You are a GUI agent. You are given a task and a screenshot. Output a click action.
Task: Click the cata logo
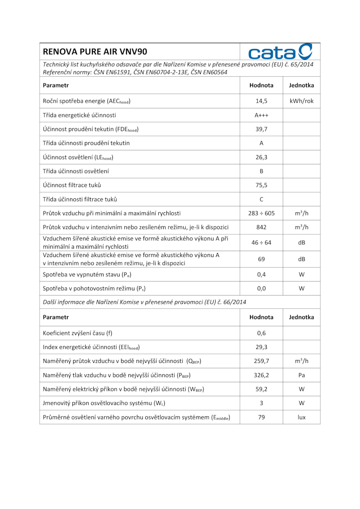(280, 52)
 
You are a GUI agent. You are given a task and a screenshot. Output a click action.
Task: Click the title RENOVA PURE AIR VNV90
(95, 52)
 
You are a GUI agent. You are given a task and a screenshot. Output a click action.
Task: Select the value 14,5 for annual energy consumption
(261, 101)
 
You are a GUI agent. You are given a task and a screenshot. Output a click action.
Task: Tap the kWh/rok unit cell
(302, 101)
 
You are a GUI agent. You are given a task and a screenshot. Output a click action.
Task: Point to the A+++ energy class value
(261, 115)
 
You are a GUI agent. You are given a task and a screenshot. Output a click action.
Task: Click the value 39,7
(261, 129)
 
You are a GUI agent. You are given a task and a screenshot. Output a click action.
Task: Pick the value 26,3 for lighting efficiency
(261, 157)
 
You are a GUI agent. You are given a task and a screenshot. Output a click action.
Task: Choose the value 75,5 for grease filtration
(261, 185)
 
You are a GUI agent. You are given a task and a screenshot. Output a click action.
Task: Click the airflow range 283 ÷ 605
(261, 213)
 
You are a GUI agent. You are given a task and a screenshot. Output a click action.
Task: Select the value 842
(261, 227)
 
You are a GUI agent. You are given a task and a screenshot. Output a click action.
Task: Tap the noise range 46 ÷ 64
(261, 243)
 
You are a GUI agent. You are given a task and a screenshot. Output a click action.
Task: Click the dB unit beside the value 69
(302, 259)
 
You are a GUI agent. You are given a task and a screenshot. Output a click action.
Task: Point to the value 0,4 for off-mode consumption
(261, 275)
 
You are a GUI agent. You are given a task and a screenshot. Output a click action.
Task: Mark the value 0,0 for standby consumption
(261, 288)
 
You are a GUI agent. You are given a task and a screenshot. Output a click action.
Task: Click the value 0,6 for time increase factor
(261, 333)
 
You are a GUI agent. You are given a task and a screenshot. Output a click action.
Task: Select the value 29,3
(261, 347)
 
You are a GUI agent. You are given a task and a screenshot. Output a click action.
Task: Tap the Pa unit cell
(302, 375)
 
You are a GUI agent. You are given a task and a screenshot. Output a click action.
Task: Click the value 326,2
(261, 375)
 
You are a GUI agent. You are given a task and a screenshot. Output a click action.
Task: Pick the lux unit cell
(302, 417)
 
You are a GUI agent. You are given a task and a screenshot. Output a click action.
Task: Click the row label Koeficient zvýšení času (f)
(80, 333)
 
